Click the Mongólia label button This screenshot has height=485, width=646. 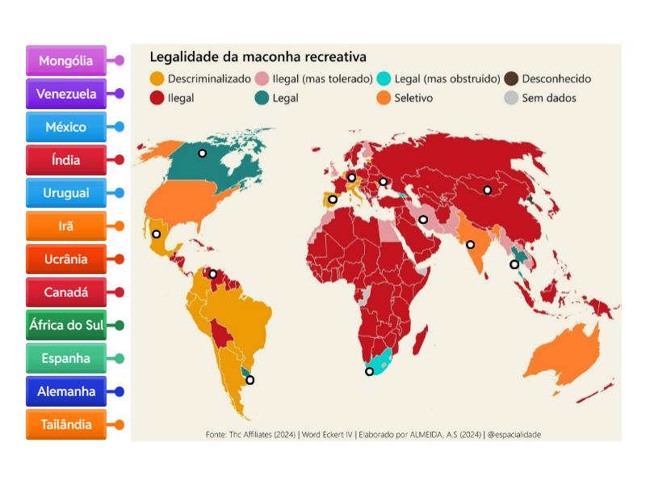click(x=66, y=61)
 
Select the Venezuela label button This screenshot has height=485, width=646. click(x=66, y=94)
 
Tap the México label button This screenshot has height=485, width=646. click(x=66, y=127)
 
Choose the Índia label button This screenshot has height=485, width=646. click(x=66, y=160)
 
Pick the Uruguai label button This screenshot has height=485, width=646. click(x=66, y=193)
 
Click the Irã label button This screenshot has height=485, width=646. click(x=66, y=226)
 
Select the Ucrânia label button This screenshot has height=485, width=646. click(x=66, y=259)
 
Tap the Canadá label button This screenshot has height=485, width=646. click(x=66, y=292)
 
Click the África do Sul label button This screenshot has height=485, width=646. click(x=66, y=325)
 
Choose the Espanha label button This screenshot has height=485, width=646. click(x=66, y=358)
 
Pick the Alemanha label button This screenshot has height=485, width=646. click(x=66, y=391)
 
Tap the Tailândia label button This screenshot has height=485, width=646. click(x=66, y=424)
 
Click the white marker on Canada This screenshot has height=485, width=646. click(x=203, y=153)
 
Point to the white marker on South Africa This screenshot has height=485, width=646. click(x=370, y=372)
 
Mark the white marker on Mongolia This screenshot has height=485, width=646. click(x=488, y=190)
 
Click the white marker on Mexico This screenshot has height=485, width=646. click(x=157, y=234)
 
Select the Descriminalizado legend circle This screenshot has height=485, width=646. click(x=157, y=79)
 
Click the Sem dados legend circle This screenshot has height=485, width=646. click(x=511, y=98)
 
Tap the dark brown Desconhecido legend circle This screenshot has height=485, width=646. click(x=511, y=79)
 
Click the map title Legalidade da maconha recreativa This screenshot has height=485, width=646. click(x=258, y=57)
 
